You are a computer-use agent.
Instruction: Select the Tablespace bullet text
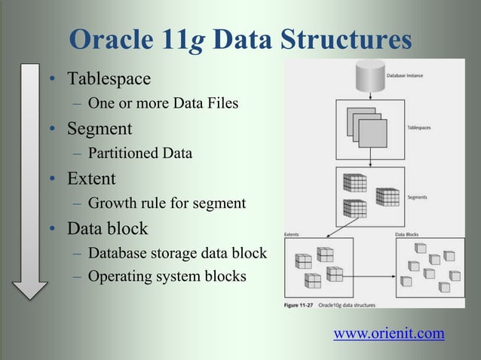[109, 79]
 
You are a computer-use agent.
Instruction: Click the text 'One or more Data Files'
[163, 103]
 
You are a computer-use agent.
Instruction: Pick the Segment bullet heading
[100, 129]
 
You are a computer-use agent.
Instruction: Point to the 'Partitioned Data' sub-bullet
[139, 154]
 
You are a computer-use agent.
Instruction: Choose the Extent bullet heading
[91, 179]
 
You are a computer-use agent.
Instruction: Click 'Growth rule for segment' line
[167, 203]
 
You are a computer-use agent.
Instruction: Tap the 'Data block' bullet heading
[108, 228]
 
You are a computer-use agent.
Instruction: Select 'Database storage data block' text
[177, 253]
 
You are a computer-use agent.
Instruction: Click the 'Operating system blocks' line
[167, 276]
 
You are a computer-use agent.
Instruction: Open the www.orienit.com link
[388, 333]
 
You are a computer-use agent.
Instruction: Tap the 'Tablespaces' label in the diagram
[421, 128]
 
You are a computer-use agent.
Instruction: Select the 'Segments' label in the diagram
[418, 198]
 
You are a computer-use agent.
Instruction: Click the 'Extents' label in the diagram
[291, 234]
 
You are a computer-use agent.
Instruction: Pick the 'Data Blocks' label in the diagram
[409, 234]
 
